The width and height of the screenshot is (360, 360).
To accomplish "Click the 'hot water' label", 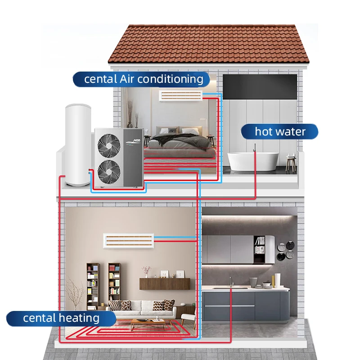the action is click(x=280, y=131).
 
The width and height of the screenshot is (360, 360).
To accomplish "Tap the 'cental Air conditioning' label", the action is click(x=144, y=79).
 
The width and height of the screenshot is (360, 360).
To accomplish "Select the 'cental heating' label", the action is click(x=61, y=318).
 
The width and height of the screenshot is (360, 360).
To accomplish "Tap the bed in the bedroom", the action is click(x=180, y=144).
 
